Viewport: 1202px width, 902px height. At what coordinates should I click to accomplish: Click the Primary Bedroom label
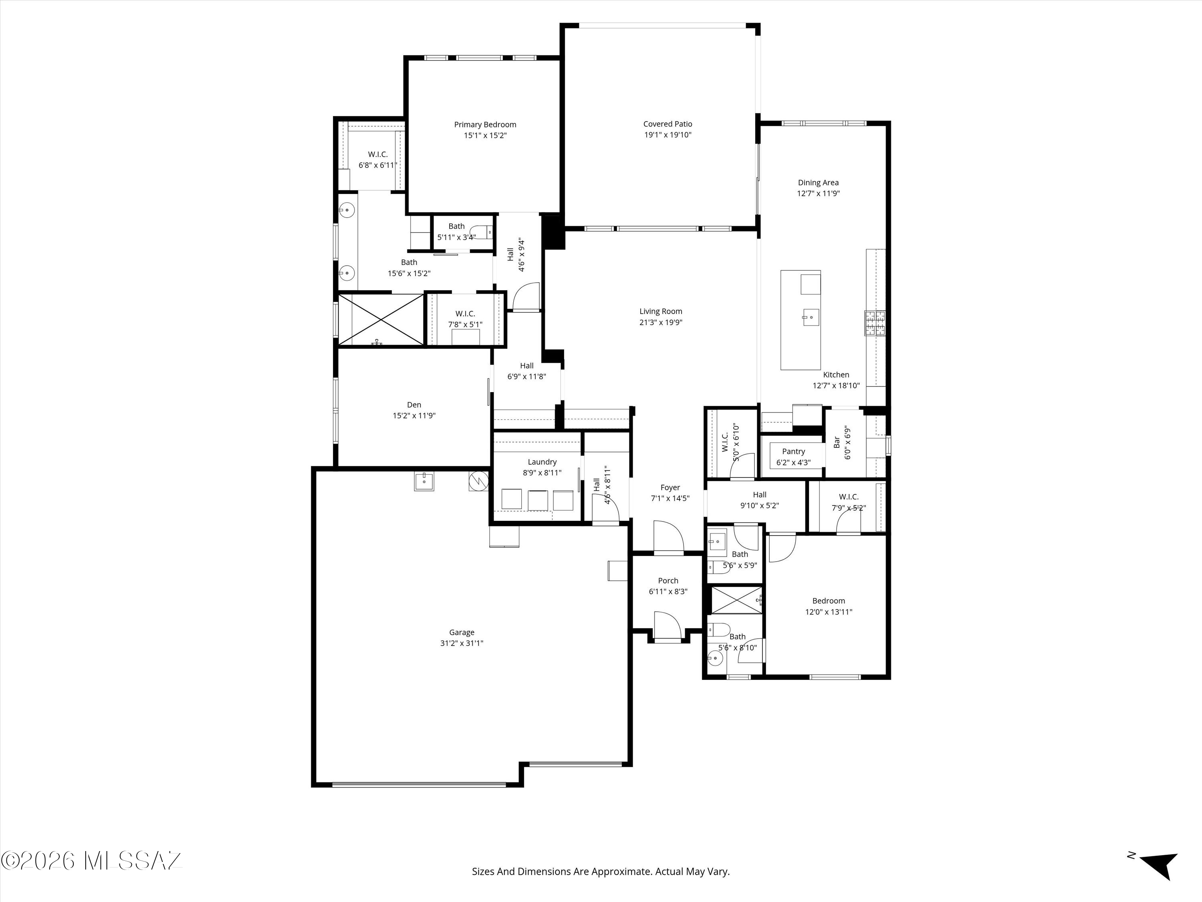tap(485, 125)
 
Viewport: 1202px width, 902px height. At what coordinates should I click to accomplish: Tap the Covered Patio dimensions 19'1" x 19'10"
tap(668, 135)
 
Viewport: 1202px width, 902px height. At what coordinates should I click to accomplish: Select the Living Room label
tap(661, 311)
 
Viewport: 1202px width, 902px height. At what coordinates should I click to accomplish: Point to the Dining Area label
tap(818, 183)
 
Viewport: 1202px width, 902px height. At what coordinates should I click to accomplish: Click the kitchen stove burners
tap(875, 323)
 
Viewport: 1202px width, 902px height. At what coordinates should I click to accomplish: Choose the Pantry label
tap(793, 451)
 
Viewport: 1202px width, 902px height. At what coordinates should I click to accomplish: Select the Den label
tap(414, 404)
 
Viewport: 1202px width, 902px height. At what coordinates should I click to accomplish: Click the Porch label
tap(668, 580)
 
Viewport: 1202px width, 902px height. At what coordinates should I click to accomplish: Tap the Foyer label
tap(670, 488)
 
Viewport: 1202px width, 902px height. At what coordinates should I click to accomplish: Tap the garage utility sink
tap(424, 481)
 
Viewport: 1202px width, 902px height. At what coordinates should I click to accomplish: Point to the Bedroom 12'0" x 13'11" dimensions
tap(829, 612)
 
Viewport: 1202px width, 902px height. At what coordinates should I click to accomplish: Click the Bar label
tap(837, 443)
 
